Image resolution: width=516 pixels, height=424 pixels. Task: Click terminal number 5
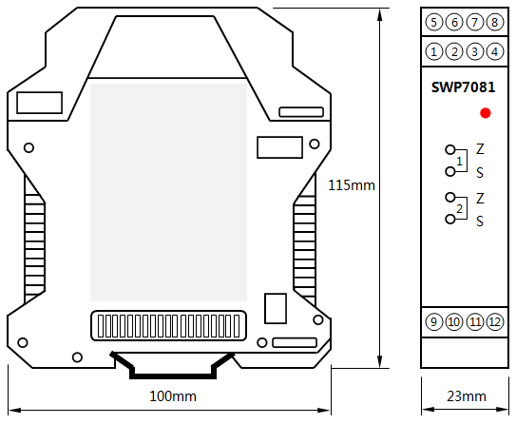coord(434,22)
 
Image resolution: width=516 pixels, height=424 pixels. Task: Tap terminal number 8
coord(494,22)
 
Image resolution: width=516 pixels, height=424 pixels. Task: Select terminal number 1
coord(434,51)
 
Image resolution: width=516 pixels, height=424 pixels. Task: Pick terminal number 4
coord(494,51)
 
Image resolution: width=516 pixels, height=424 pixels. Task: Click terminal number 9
coord(434,321)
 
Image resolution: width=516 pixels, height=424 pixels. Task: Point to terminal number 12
coord(494,321)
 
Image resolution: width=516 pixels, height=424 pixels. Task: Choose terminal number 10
coord(454,321)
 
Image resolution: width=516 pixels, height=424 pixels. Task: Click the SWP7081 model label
coord(463,87)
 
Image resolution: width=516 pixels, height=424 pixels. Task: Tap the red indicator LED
coord(486,113)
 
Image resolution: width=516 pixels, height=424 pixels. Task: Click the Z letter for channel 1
coord(481,149)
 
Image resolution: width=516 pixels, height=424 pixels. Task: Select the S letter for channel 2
coord(481,221)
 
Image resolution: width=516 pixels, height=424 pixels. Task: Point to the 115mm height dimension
coord(351,185)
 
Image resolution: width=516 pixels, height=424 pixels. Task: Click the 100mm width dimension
coord(173,395)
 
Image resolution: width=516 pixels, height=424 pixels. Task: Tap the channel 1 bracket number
coord(460,162)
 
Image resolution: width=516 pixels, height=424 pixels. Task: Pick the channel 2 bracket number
coord(460,208)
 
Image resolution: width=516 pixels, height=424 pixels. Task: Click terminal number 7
coord(474,22)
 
